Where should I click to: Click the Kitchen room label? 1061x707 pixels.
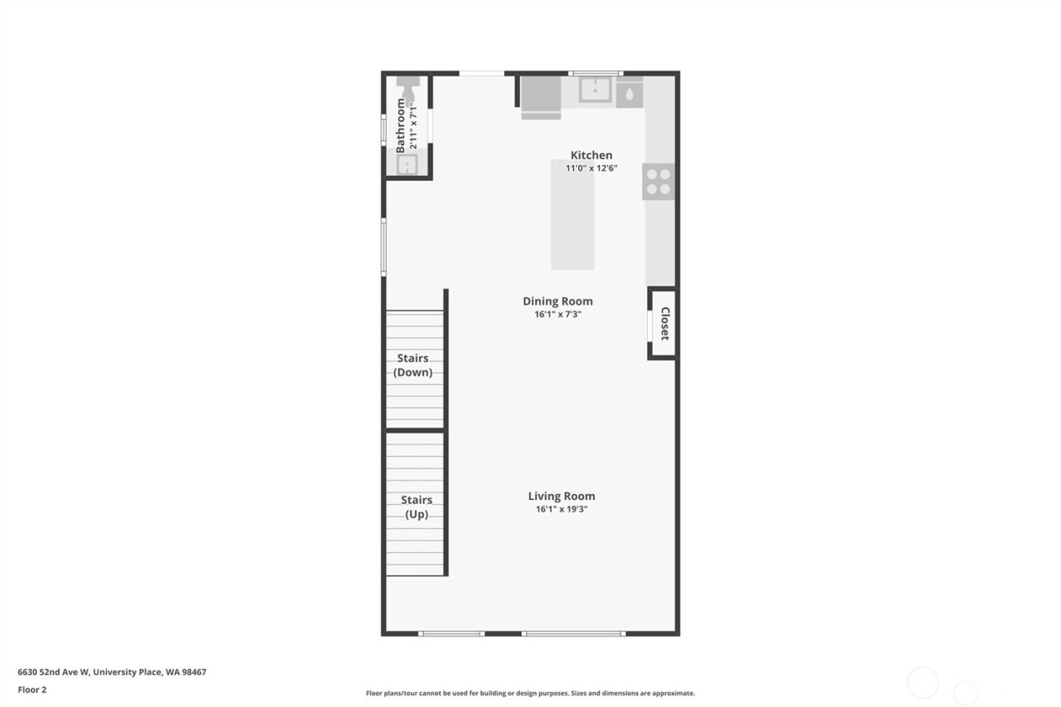pos(591,155)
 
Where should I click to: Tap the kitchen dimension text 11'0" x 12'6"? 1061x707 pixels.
pos(591,168)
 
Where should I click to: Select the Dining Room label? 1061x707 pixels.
pos(558,301)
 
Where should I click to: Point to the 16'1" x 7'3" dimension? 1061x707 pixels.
pos(558,314)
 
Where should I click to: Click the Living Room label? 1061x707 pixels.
pos(562,496)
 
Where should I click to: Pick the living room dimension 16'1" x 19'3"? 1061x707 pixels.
pos(562,509)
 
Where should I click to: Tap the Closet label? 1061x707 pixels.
pos(665,324)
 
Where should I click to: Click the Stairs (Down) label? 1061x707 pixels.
pos(413,365)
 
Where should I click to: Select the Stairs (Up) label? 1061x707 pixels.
pos(416,507)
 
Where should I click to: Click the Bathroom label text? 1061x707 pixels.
pos(401,126)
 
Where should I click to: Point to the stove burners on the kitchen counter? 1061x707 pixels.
pos(658,182)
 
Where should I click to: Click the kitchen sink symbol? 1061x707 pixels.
pos(596,89)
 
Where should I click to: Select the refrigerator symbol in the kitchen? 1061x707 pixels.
pos(540,95)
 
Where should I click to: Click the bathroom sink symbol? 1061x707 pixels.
pos(408,164)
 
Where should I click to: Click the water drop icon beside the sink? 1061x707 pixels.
pos(630,95)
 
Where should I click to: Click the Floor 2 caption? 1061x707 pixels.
pos(33,690)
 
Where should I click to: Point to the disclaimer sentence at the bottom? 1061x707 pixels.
pos(530,693)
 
